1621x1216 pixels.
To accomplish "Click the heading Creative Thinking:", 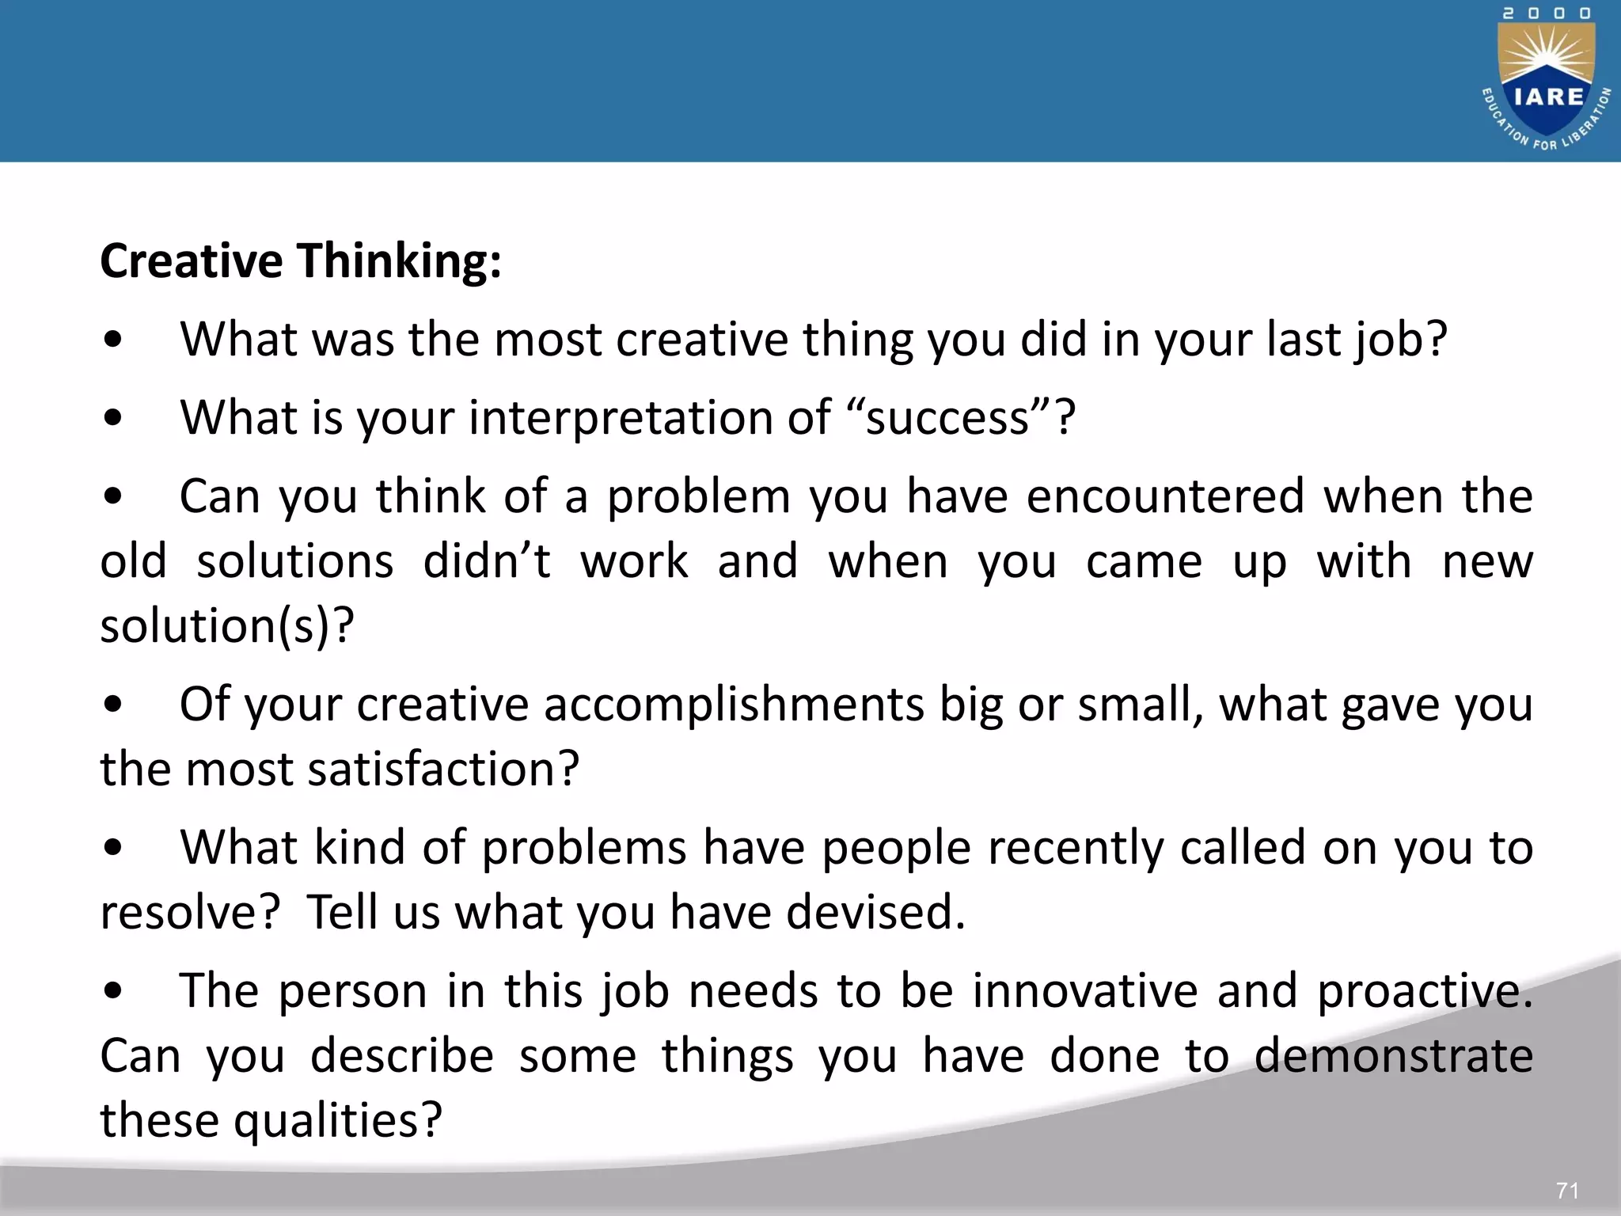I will click(x=301, y=260).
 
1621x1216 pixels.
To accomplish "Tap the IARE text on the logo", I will click(x=1548, y=97).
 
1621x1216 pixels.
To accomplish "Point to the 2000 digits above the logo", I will click(x=1547, y=13).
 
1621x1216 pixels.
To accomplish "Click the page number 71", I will click(x=1567, y=1190).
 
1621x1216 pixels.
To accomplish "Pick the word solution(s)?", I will click(x=227, y=626).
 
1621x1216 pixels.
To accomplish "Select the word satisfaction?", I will click(x=443, y=769).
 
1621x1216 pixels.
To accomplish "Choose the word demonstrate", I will click(x=1394, y=1056).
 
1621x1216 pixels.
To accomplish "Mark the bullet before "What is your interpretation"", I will click(x=113, y=418).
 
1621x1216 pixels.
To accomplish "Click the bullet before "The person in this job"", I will click(x=113, y=991).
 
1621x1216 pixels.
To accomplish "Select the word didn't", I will click(x=487, y=561).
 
